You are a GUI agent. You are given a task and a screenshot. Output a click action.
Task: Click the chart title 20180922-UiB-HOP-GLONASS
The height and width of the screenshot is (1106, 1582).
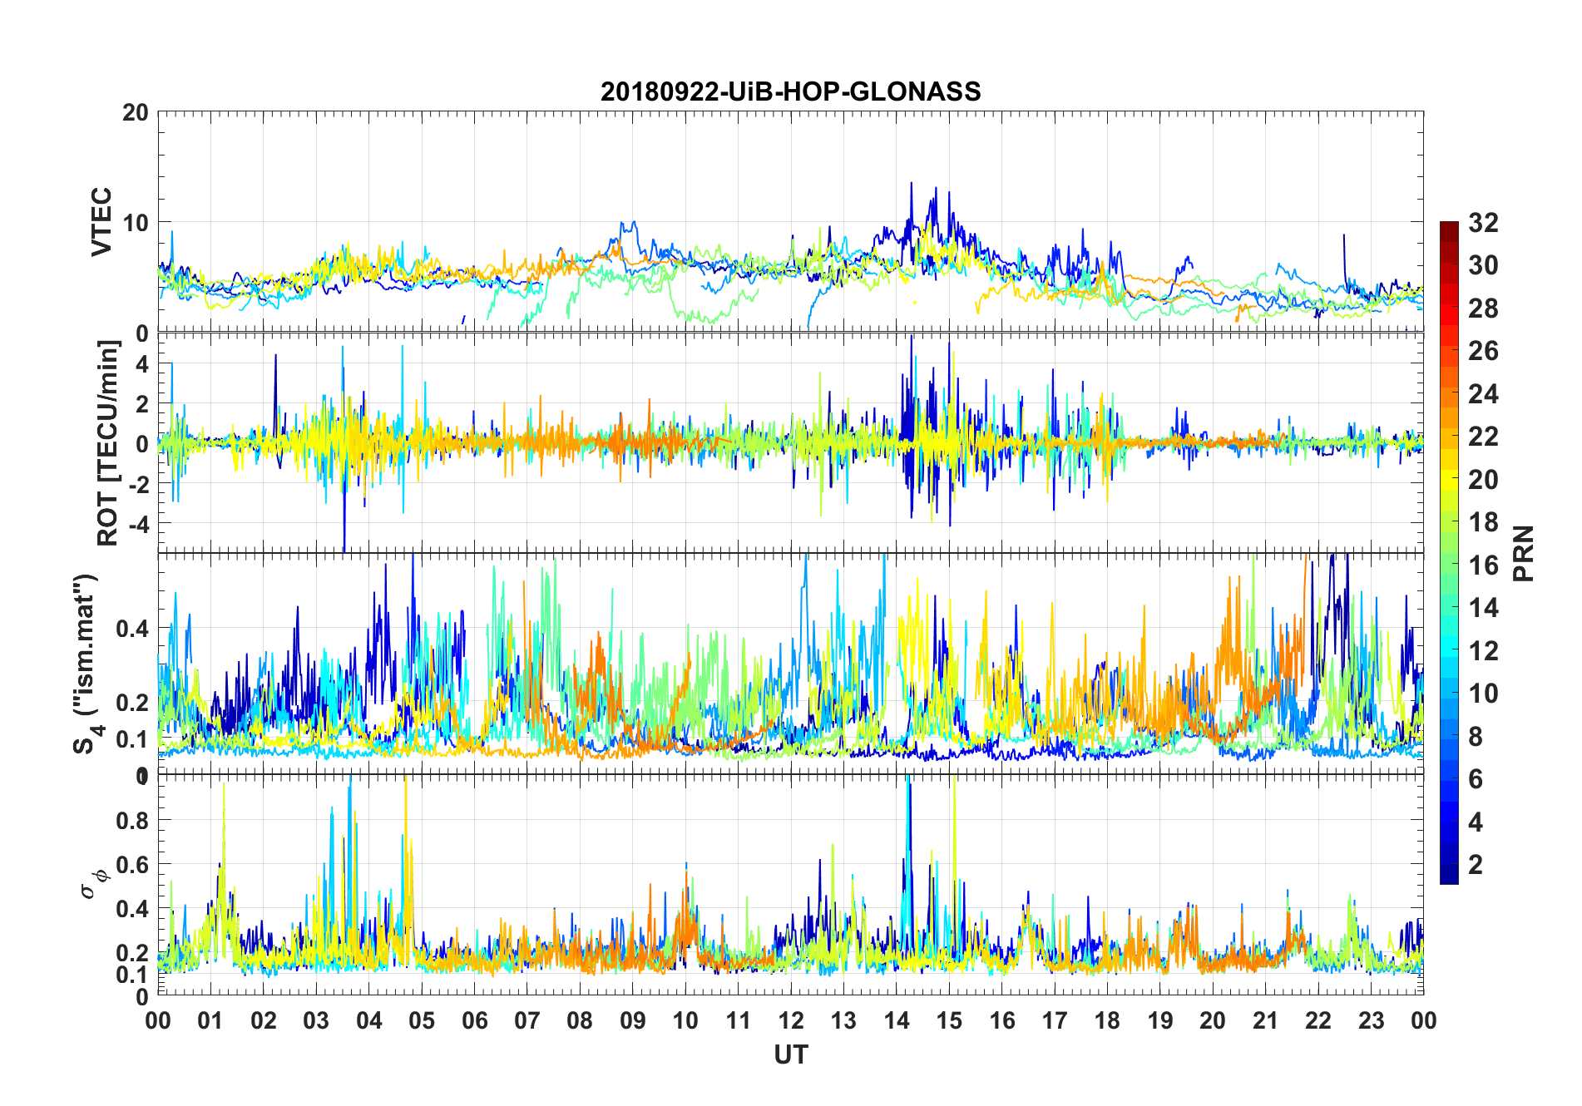pos(790,91)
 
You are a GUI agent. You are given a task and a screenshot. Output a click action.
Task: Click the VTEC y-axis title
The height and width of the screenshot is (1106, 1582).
pos(101,222)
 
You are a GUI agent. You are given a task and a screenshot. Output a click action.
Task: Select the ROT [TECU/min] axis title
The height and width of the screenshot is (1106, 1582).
pos(108,443)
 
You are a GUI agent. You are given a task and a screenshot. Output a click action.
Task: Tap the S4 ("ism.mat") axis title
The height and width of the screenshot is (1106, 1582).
pos(86,664)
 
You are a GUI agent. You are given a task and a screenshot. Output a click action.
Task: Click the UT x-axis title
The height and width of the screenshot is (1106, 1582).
pos(790,1054)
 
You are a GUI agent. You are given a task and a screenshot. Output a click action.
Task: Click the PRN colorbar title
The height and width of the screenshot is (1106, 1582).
pos(1524,553)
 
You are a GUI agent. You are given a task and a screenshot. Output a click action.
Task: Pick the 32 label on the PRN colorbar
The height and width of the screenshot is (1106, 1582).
pos(1483,223)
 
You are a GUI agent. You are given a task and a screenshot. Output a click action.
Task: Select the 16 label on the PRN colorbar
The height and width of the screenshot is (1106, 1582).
pos(1483,565)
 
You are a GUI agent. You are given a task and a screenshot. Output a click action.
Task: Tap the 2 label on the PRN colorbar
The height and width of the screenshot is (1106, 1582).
pos(1476,865)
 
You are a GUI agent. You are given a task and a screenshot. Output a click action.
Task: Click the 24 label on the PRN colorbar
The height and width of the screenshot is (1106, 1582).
pos(1483,394)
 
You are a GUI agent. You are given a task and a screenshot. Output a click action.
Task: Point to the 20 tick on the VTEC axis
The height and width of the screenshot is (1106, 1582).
pos(136,112)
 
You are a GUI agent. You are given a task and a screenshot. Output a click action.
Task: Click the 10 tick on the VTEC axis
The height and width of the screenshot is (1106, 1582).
pos(136,223)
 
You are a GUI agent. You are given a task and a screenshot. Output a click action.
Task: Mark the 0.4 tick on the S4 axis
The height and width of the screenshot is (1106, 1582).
pos(132,629)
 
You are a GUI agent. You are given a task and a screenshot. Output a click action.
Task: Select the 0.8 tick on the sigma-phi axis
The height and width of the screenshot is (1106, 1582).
pos(132,821)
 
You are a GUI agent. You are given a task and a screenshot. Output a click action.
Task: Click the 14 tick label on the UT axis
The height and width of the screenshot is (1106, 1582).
pos(897,1020)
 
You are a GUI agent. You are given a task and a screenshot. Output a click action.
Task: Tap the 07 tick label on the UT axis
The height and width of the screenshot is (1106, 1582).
pos(527,1020)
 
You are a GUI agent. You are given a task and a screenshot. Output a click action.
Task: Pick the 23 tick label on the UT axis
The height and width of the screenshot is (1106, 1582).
pos(1371,1020)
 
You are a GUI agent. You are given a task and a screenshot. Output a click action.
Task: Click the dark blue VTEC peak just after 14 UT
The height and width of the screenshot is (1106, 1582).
pos(911,183)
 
